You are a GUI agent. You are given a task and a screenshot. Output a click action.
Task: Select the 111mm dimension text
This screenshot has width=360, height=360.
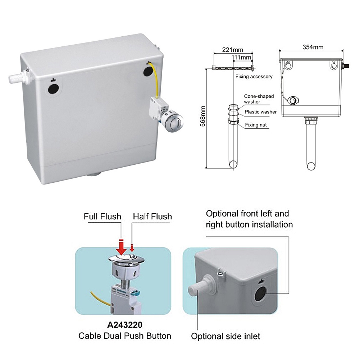tap(241, 57)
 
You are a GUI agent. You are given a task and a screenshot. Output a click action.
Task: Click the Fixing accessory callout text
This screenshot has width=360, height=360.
tap(254, 77)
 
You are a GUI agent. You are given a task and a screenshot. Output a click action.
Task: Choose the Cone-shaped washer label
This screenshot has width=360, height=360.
tap(259, 99)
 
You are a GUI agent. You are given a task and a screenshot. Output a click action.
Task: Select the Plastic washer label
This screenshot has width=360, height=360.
tap(260, 112)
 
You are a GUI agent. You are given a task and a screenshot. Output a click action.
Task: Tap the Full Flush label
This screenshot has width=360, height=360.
tap(102, 217)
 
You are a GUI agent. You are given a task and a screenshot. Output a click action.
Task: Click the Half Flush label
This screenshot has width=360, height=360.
tap(152, 217)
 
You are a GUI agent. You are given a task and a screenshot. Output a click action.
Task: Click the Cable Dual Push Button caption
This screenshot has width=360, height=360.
tap(125, 336)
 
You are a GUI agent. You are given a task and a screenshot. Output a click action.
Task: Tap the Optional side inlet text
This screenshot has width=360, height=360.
tap(225, 337)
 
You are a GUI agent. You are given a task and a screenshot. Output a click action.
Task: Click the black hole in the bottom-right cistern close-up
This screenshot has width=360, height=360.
tap(259, 294)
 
